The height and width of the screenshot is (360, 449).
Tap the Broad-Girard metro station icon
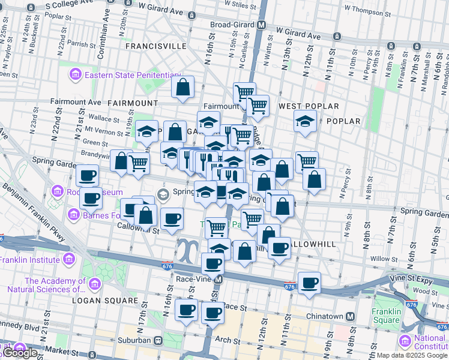tap(261, 25)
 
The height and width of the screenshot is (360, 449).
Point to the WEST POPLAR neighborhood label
tap(301, 106)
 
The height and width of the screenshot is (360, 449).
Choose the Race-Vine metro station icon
tap(219, 280)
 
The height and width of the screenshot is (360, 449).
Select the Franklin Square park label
tap(385, 316)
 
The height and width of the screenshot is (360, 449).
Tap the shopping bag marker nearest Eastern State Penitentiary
tap(183, 86)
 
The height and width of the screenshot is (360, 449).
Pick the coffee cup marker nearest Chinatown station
tap(309, 283)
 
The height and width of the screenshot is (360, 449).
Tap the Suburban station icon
tap(158, 340)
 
